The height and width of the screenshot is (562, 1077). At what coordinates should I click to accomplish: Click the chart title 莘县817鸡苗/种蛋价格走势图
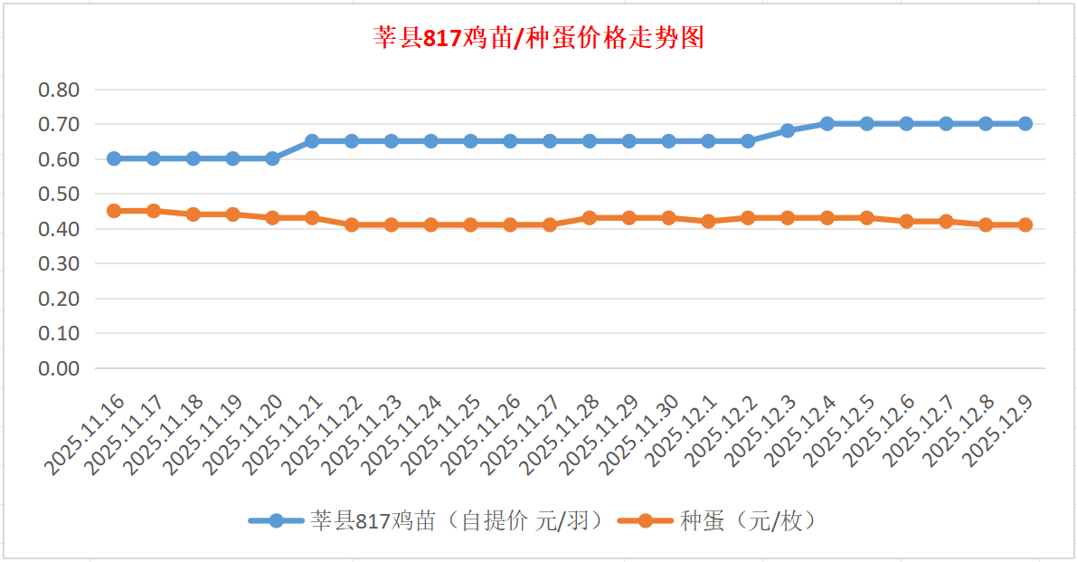coord(539,38)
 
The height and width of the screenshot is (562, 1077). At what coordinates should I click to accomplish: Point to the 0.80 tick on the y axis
coord(59,90)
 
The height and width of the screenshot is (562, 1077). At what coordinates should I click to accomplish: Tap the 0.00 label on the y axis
coord(59,368)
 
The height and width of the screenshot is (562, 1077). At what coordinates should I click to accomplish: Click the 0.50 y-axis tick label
coord(59,194)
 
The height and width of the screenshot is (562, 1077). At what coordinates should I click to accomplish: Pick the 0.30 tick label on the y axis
coord(59,263)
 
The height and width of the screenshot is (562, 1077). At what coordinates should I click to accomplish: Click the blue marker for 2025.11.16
coord(114,158)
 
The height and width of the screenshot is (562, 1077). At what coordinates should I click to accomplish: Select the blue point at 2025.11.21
coord(312,141)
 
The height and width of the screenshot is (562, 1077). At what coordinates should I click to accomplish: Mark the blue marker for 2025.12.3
coord(788,130)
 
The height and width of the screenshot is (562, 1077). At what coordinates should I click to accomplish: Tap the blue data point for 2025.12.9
coord(1025,124)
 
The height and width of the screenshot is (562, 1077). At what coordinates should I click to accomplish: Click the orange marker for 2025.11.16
coord(114,211)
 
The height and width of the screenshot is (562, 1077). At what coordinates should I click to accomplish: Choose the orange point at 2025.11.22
coord(352,224)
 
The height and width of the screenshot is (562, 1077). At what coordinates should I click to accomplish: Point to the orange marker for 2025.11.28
coord(590,218)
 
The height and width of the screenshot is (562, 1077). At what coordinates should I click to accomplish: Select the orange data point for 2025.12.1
coord(708,221)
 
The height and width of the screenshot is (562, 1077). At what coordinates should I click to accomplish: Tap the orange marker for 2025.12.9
coord(1025,224)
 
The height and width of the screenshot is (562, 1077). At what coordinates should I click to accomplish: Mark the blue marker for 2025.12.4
coord(827,124)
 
